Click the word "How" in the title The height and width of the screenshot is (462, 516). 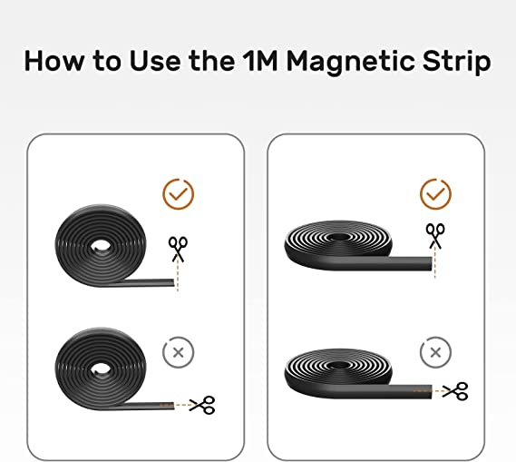tap(54, 61)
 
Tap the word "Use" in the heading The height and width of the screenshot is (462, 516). tap(155, 61)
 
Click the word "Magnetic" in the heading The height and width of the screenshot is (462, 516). tap(350, 63)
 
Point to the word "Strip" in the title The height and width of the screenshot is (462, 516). tap(456, 63)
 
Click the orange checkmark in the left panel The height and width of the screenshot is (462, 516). tap(179, 194)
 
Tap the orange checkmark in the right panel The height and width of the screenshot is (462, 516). tap(435, 194)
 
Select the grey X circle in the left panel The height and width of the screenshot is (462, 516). tap(179, 352)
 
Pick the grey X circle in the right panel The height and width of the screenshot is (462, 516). tap(435, 352)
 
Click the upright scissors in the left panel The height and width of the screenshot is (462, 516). tap(178, 250)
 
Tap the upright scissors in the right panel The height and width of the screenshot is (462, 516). tap(435, 236)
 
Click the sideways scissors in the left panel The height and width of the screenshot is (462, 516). tap(202, 405)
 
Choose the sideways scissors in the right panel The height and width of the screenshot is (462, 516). tap(455, 391)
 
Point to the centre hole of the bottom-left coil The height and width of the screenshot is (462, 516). tap(101, 369)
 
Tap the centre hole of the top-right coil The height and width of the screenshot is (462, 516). tap(338, 238)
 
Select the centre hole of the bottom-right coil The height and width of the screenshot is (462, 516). tap(338, 365)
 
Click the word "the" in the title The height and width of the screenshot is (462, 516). tap(211, 61)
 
